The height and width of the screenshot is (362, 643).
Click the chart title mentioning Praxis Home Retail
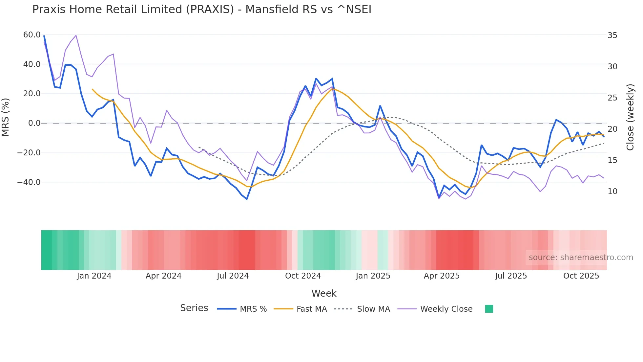pos(202,10)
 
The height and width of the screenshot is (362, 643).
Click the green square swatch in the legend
pos(489,309)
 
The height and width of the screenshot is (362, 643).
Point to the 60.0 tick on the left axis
pos(32,35)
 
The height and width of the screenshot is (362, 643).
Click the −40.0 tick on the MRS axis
pos(29,182)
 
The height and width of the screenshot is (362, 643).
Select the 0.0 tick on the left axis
pos(34,123)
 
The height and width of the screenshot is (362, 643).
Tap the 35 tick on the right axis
pos(612,35)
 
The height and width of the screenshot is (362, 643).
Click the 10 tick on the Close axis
pos(612,192)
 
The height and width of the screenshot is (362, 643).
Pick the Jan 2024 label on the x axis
pos(94,276)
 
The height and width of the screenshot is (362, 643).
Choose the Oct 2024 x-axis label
pos(303,276)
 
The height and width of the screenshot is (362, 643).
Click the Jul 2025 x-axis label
pos(511,276)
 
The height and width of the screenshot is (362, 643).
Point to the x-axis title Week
pos(324,293)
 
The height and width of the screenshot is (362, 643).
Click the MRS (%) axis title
pos(6,117)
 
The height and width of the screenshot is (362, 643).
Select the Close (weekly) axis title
pos(630,117)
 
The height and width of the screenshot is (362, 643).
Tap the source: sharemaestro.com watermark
pos(581,258)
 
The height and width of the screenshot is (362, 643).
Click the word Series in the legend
pos(194,308)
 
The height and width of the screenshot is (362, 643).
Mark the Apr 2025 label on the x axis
pos(442,276)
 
